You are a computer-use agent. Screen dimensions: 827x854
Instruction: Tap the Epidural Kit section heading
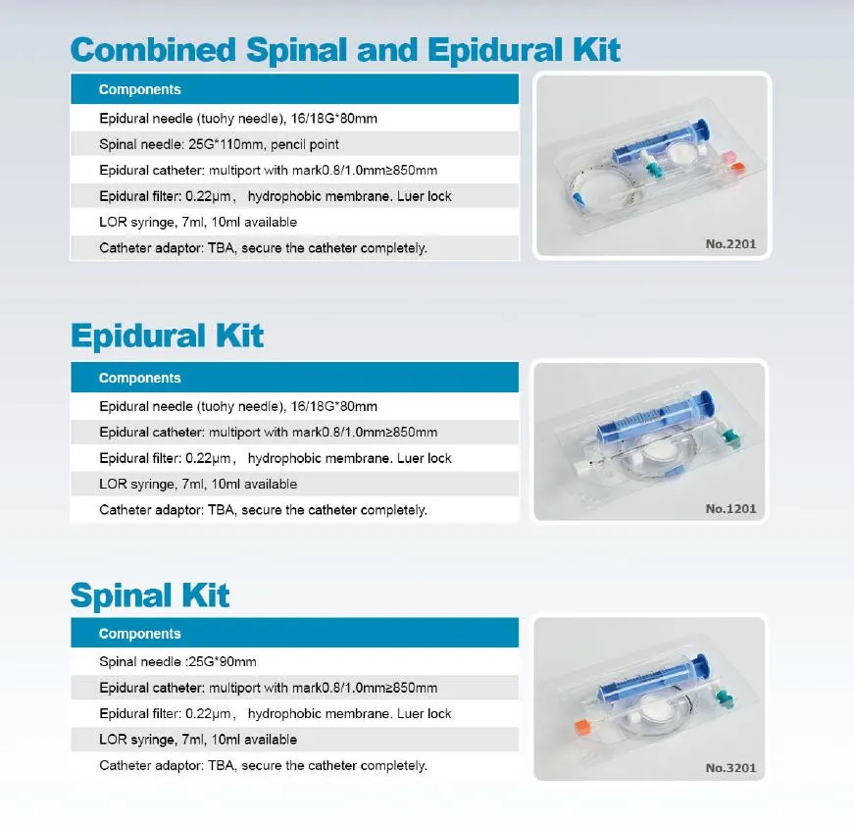click(x=168, y=336)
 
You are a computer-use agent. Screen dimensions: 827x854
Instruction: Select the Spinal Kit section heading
click(x=150, y=594)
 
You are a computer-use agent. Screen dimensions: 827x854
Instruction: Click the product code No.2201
click(x=730, y=244)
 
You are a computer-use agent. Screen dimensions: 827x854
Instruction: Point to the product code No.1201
click(x=730, y=509)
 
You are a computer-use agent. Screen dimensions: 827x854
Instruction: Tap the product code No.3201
click(x=730, y=767)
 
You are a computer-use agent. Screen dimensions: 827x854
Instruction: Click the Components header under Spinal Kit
click(x=139, y=634)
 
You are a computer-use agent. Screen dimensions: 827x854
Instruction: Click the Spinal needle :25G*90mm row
click(x=177, y=662)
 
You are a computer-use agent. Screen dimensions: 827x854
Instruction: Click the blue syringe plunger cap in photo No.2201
click(x=700, y=129)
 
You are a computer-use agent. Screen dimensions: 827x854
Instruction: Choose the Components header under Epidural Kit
click(x=139, y=378)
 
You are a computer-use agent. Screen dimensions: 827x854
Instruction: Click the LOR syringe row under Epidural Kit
click(x=198, y=484)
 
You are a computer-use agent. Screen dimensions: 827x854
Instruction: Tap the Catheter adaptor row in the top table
click(x=263, y=248)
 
